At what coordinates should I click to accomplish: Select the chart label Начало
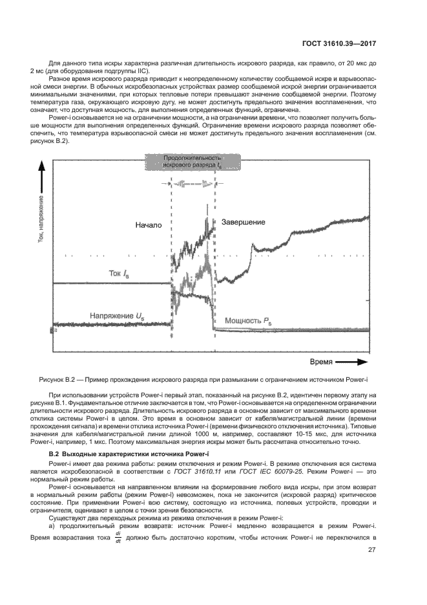click(x=148, y=225)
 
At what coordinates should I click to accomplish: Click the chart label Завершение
click(x=244, y=222)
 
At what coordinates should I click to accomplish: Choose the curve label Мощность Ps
click(x=248, y=320)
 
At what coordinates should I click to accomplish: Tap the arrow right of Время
click(x=352, y=362)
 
